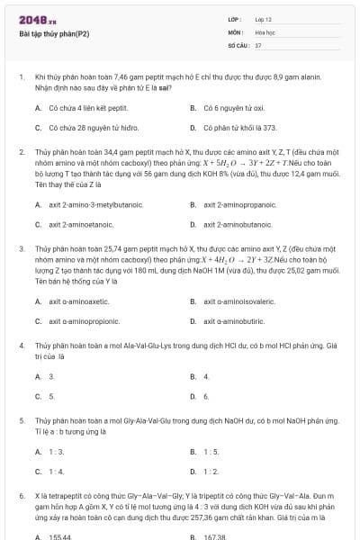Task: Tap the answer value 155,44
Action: pos(58,536)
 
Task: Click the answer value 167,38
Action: pos(213,536)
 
